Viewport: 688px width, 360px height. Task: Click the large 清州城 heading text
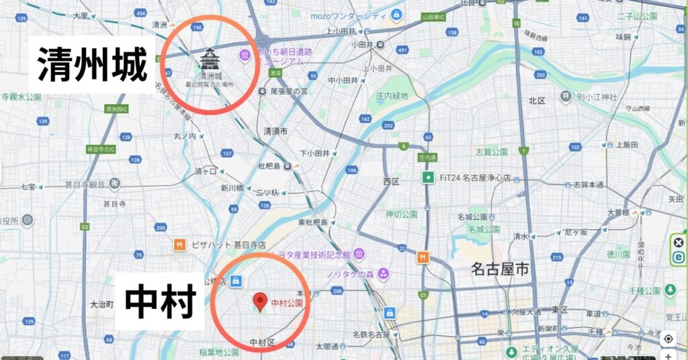coord(93,63)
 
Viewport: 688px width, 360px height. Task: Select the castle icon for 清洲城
coord(210,59)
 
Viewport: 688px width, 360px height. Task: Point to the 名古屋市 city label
coord(500,270)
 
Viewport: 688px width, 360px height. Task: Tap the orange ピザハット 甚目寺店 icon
coord(179,245)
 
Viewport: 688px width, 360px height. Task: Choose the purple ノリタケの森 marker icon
coord(383,273)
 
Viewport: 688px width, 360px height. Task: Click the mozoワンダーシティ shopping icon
coord(397,15)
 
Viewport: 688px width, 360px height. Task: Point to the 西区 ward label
coord(391,181)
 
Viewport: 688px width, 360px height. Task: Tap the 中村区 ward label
coord(262,343)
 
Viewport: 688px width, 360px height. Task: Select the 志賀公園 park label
coord(488,150)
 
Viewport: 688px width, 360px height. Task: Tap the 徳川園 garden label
coord(617,255)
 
